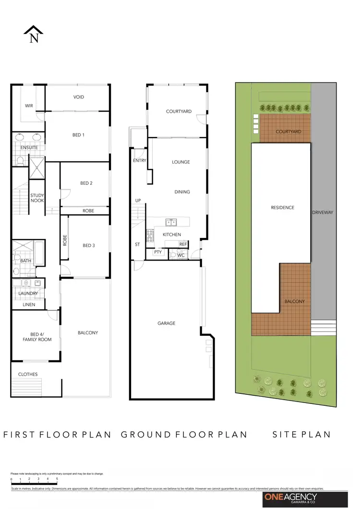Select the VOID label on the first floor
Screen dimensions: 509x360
coord(79,97)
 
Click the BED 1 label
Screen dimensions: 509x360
coord(78,135)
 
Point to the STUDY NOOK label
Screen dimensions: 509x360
coord(37,198)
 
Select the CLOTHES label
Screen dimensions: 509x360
coord(28,374)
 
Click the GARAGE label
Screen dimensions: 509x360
coord(166,323)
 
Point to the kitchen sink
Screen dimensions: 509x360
coord(170,222)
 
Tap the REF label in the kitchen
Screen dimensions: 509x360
coord(183,244)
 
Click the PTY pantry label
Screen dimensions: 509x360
coord(157,252)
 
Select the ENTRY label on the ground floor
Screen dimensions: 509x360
coord(139,161)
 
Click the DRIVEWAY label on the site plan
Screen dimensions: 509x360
coord(322,212)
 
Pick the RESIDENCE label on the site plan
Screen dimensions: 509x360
coord(282,208)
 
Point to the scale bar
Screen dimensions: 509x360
coord(34,479)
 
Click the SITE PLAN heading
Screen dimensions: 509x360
coord(301,435)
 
